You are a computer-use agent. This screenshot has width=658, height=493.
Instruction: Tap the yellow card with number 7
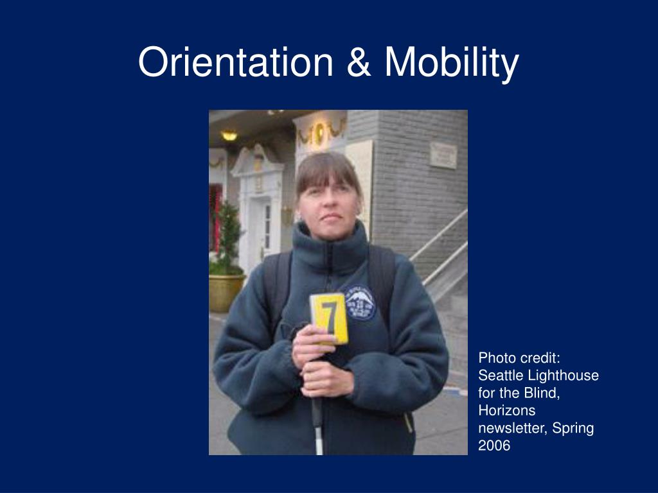[329, 318]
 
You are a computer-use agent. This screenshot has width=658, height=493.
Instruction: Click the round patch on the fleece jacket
[360, 302]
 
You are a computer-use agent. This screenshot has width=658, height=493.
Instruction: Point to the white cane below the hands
[317, 424]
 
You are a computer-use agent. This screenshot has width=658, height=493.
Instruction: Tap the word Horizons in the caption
[506, 410]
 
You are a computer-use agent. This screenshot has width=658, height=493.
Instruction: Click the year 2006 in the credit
[493, 445]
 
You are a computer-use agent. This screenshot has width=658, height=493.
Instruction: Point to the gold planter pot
[226, 292]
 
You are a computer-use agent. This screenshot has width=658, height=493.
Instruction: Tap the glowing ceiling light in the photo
[229, 135]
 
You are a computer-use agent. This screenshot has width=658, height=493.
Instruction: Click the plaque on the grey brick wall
[443, 155]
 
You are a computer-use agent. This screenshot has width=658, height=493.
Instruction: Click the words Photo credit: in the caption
[519, 358]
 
